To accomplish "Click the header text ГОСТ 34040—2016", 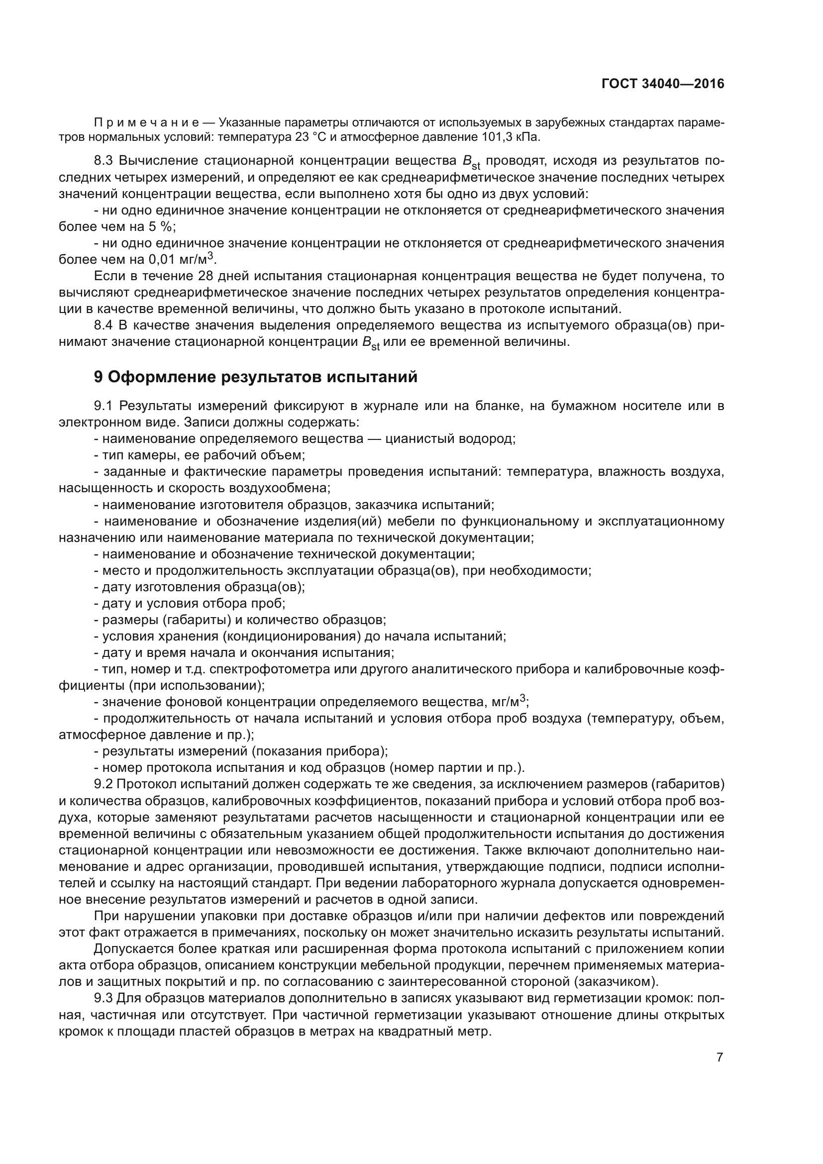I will (663, 84).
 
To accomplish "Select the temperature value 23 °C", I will (309, 137).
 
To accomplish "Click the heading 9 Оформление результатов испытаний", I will (256, 377).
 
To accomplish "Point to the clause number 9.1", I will (104, 406).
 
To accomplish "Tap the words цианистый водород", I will (450, 439).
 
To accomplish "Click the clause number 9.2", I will (104, 784).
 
